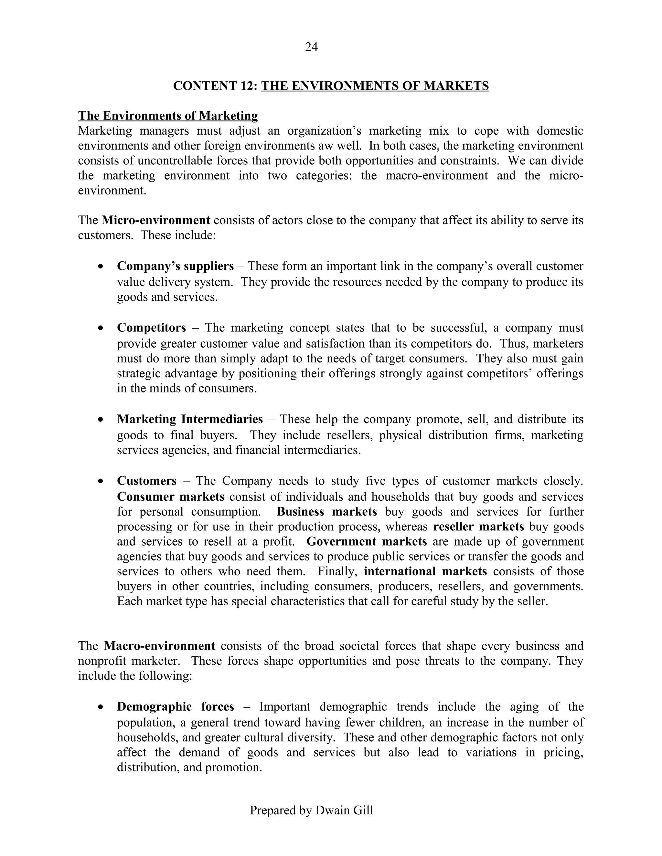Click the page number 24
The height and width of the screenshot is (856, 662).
(311, 47)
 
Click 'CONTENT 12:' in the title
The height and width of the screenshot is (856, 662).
(215, 86)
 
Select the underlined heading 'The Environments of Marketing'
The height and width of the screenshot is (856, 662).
(168, 116)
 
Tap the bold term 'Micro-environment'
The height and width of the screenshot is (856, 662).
(156, 220)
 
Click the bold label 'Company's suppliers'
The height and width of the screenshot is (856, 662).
(175, 266)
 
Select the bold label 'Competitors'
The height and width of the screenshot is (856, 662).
(151, 328)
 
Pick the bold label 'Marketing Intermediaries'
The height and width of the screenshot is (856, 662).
(190, 419)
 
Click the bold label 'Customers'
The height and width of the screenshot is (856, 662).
(147, 481)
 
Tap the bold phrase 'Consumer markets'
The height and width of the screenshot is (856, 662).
(171, 496)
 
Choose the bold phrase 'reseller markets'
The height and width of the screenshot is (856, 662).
(478, 527)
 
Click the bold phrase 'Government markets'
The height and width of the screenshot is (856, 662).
(366, 542)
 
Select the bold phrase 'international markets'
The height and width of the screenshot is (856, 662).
(425, 571)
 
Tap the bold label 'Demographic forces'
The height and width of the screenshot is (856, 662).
(175, 707)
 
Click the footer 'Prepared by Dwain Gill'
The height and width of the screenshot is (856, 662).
(311, 810)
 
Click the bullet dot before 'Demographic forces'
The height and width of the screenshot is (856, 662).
(101, 707)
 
